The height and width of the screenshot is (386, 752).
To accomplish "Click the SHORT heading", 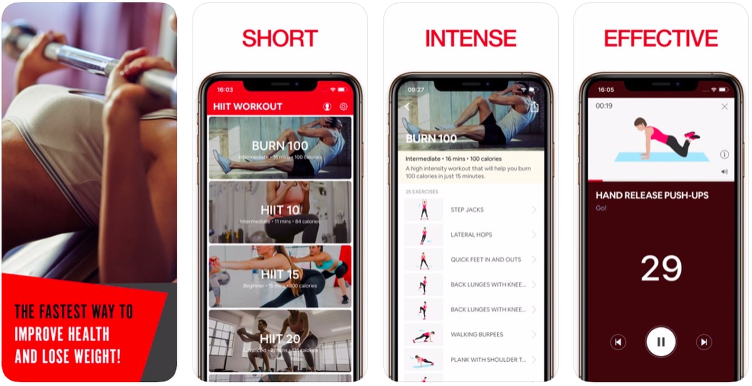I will click(280, 39).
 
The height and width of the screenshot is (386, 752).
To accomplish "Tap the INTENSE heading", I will click(470, 39).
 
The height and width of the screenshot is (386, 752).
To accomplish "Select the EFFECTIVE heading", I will click(660, 39).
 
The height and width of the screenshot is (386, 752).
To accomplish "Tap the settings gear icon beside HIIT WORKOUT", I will click(343, 106).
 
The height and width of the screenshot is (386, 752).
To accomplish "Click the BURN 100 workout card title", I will click(280, 145).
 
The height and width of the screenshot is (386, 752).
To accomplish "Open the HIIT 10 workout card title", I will click(280, 210).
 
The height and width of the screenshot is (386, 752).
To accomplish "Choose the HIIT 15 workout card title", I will click(280, 274).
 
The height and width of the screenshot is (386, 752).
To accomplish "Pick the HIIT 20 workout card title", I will click(280, 338).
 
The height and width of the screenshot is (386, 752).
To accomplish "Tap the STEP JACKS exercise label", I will click(467, 210).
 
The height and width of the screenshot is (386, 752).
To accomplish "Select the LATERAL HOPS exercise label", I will click(471, 235).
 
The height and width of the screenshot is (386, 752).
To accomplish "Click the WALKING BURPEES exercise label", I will click(476, 335).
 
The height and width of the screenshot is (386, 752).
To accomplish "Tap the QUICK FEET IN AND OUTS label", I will click(485, 260).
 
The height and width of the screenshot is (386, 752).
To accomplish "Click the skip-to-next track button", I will click(704, 342).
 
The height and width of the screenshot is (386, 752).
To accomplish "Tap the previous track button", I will click(618, 342).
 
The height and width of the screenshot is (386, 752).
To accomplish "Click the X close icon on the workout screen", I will click(724, 106).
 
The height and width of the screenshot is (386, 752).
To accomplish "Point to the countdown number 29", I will click(661, 268).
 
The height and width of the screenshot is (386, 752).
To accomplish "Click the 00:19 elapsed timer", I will click(604, 106).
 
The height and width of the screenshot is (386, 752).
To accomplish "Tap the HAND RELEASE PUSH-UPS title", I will click(652, 195).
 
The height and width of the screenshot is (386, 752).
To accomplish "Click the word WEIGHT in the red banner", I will click(95, 357).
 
